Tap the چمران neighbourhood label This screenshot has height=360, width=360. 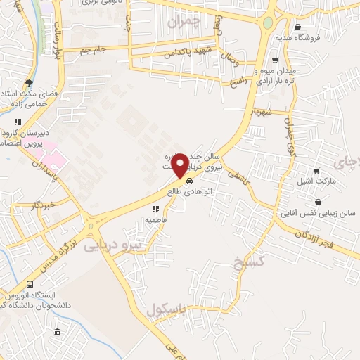tap(185, 22)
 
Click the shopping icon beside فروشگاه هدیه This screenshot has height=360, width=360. tap(298, 27)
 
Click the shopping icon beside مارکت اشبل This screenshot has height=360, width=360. tap(317, 171)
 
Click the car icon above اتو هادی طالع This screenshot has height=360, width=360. tap(188, 181)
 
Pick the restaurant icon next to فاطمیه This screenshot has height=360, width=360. tap(155, 209)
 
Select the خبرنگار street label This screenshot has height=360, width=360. tap(44, 205)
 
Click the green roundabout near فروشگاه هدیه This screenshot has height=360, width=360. tap(267, 22)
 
